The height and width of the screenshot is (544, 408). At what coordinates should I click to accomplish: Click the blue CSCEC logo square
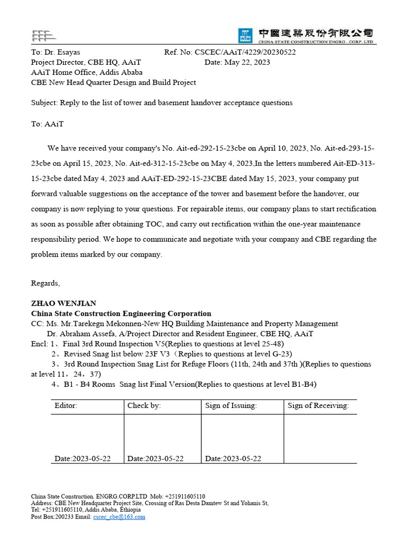[x=245, y=36]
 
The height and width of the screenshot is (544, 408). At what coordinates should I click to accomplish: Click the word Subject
[x=44, y=103]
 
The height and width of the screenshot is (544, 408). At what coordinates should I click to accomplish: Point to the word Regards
[x=45, y=283]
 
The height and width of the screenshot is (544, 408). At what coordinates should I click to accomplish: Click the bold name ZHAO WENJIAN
[x=63, y=303]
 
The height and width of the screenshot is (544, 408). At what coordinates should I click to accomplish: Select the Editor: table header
[x=66, y=406]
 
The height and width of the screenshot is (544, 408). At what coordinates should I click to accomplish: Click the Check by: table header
[x=144, y=406]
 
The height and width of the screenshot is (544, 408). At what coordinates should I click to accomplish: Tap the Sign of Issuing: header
[x=231, y=406]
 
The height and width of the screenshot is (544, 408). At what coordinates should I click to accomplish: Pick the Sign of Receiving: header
[x=318, y=406]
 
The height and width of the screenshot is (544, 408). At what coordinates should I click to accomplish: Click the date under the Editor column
[x=82, y=458]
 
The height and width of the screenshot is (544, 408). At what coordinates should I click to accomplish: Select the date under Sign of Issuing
[x=233, y=458]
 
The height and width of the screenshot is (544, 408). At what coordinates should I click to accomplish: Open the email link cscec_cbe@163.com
[x=119, y=516]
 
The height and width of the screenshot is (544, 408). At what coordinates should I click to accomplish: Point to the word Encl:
[x=39, y=344]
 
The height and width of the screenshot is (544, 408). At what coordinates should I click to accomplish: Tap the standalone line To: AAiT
[x=47, y=123]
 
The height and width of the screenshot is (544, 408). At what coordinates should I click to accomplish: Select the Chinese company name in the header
[x=316, y=32]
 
